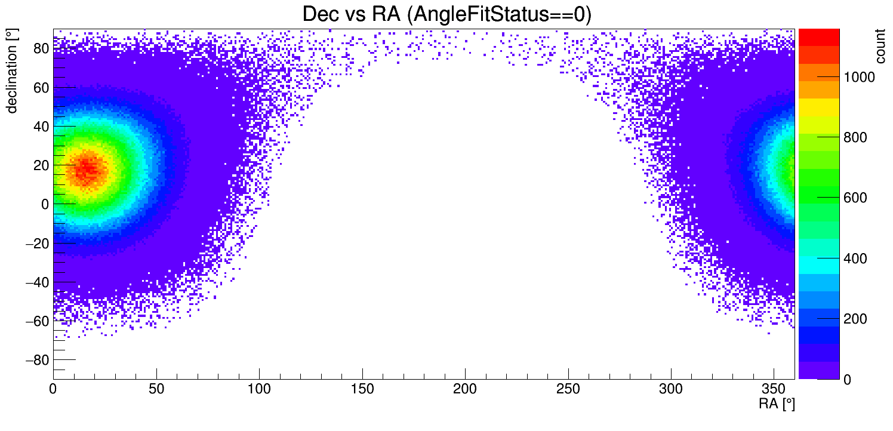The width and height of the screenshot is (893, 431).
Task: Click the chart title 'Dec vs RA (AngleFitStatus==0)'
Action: click(447, 14)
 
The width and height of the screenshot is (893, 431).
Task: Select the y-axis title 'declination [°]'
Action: click(11, 71)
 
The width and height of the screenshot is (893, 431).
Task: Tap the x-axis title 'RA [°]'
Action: click(777, 404)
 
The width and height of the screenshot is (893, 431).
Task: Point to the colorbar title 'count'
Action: click(880, 46)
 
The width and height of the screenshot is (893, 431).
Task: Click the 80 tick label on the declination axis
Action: click(41, 48)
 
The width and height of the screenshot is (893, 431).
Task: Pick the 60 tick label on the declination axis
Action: click(41, 88)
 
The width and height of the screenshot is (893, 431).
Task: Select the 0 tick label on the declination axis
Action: click(45, 205)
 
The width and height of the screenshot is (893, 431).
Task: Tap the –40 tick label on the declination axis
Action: click(37, 283)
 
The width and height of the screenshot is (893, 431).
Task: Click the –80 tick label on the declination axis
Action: click(37, 361)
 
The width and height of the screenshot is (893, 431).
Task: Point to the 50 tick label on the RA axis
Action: click(156, 389)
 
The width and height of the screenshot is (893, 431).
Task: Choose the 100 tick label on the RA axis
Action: click(259, 389)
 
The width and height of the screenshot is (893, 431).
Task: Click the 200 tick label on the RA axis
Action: click(465, 389)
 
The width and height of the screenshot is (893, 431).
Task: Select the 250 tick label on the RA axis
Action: click(568, 389)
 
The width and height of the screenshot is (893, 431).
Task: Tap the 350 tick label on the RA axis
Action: click(774, 389)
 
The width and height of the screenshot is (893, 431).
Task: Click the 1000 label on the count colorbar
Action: click(859, 77)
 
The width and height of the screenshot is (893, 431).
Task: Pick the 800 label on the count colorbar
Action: click(855, 137)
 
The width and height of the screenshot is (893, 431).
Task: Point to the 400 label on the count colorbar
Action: click(855, 258)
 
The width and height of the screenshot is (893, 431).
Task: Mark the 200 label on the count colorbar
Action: click(855, 319)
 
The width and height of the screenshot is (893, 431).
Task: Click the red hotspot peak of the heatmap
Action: click(87, 168)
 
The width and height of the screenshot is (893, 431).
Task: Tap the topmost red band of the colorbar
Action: click(819, 38)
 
